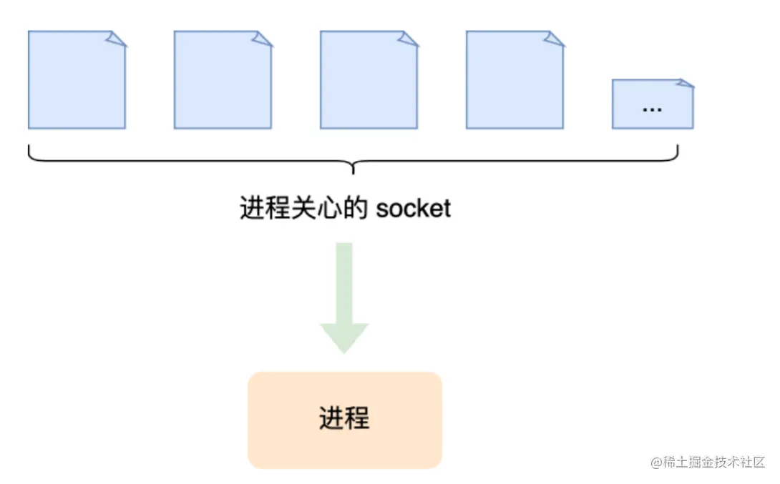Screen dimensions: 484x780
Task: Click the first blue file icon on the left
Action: (x=77, y=80)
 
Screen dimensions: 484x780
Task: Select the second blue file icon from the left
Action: (x=223, y=80)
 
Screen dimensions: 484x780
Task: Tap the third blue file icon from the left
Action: (x=369, y=80)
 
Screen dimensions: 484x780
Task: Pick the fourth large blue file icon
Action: (x=515, y=80)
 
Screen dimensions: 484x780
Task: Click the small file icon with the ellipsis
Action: (x=652, y=104)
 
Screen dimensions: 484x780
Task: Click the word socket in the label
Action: (x=414, y=208)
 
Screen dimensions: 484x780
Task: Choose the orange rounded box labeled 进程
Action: (x=345, y=420)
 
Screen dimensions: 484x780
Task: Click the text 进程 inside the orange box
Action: (x=344, y=418)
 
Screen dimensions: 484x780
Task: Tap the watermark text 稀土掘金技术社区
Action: (x=716, y=462)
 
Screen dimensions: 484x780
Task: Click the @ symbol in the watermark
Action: (x=656, y=462)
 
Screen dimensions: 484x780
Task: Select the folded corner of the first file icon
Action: (x=117, y=39)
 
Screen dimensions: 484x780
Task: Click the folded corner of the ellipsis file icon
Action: (x=687, y=84)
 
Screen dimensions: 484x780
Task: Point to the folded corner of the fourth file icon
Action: (x=555, y=39)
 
